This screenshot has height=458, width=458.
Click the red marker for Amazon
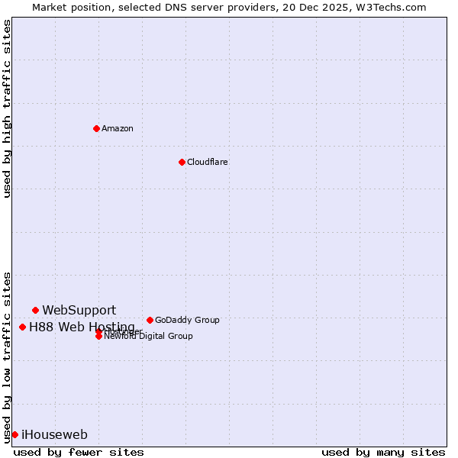(96, 128)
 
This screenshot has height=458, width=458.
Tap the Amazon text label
(118, 128)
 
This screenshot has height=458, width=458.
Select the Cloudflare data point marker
(182, 162)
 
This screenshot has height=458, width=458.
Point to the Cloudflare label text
(208, 162)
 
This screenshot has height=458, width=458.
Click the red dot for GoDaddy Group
(150, 320)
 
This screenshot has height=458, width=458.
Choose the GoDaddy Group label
(187, 320)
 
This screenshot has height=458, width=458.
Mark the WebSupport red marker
(35, 310)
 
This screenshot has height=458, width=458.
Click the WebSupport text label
(79, 310)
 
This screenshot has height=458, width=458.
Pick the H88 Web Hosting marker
(22, 327)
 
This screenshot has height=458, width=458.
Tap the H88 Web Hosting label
(82, 327)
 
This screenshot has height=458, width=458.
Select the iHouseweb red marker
(15, 434)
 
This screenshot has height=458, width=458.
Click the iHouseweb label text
(54, 435)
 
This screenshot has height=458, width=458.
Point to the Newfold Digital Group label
(149, 337)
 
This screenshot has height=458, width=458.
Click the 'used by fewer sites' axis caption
(79, 452)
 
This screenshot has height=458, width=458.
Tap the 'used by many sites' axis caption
(383, 452)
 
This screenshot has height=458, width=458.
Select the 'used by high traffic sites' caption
(7, 108)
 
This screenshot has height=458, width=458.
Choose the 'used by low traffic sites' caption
(7, 356)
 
